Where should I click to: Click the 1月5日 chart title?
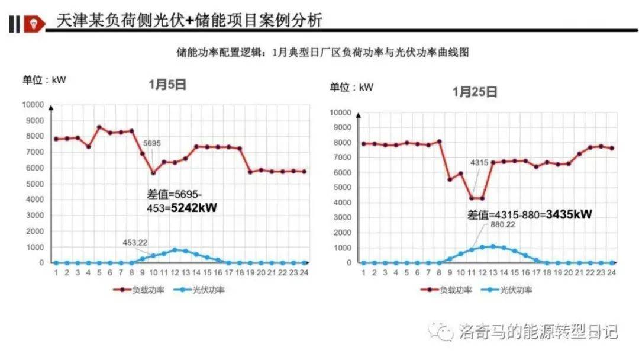pyautogui.click(x=167, y=85)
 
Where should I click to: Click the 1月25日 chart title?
pyautogui.click(x=475, y=92)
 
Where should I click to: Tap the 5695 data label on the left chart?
pyautogui.click(x=152, y=143)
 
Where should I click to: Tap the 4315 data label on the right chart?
pyautogui.click(x=479, y=162)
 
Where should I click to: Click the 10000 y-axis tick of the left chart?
pyautogui.click(x=34, y=105)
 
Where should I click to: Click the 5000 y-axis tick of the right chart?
pyautogui.click(x=344, y=188)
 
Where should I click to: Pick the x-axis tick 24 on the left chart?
pyautogui.click(x=305, y=272)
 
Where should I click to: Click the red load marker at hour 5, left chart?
pyautogui.click(x=99, y=127)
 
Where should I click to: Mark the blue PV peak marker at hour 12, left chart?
pyautogui.click(x=175, y=250)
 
